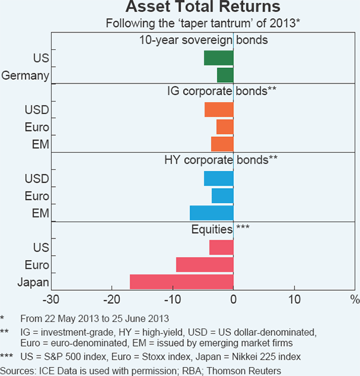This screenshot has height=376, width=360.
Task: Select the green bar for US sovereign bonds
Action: (x=218, y=58)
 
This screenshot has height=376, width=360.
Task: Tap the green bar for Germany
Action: (x=225, y=75)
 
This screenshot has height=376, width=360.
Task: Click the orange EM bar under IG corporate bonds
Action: (x=222, y=144)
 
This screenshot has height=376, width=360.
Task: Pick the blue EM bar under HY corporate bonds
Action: (x=211, y=213)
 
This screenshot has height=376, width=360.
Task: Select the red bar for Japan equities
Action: (x=181, y=282)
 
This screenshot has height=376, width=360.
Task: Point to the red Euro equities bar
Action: (x=205, y=265)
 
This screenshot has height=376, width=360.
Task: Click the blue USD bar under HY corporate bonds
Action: (x=218, y=178)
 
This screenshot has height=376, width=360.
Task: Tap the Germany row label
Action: (x=25, y=75)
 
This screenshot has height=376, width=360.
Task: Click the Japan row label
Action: (x=33, y=282)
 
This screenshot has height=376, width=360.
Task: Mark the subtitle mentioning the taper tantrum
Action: (x=203, y=24)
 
